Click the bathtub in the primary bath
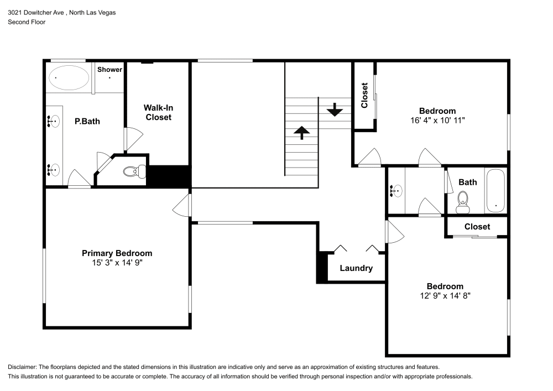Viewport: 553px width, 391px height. click(x=69, y=78)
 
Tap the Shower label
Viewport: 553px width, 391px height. click(x=109, y=70)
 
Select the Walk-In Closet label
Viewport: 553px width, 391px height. click(x=158, y=112)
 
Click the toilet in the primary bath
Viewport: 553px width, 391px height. click(x=133, y=171)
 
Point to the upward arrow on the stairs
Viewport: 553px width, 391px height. click(x=301, y=133)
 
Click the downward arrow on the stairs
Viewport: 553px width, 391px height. click(x=334, y=110)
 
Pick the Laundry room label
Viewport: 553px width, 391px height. click(x=356, y=268)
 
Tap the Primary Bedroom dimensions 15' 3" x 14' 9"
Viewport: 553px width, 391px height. click(x=117, y=263)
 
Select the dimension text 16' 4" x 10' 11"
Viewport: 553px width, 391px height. click(x=437, y=120)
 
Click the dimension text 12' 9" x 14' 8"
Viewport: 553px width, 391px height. click(x=445, y=296)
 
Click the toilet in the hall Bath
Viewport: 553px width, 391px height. click(x=463, y=202)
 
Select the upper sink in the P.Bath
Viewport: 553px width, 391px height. click(x=54, y=121)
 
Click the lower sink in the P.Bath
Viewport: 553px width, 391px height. click(x=54, y=170)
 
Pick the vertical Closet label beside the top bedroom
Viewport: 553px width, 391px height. click(x=364, y=95)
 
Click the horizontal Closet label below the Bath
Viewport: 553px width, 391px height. click(x=477, y=227)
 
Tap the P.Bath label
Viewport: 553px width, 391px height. click(x=87, y=121)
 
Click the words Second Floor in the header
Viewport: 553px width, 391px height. click(x=27, y=22)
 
